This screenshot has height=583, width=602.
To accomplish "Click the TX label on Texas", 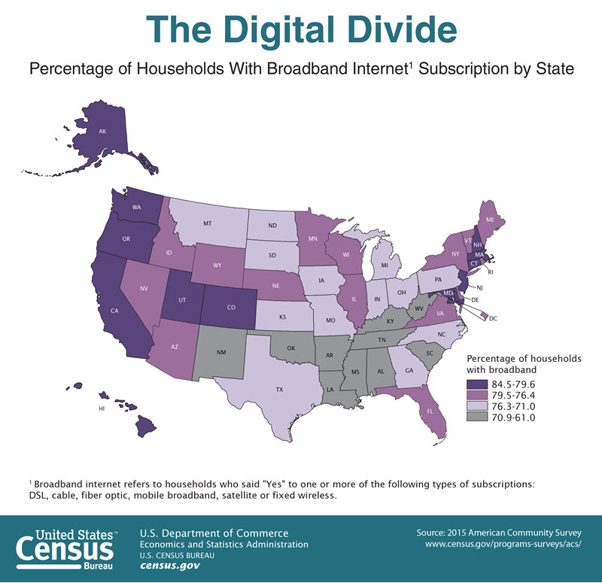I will coord(279,390).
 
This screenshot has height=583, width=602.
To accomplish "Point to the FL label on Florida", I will coord(430,411).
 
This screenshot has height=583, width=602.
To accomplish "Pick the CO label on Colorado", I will coord(230,296).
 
